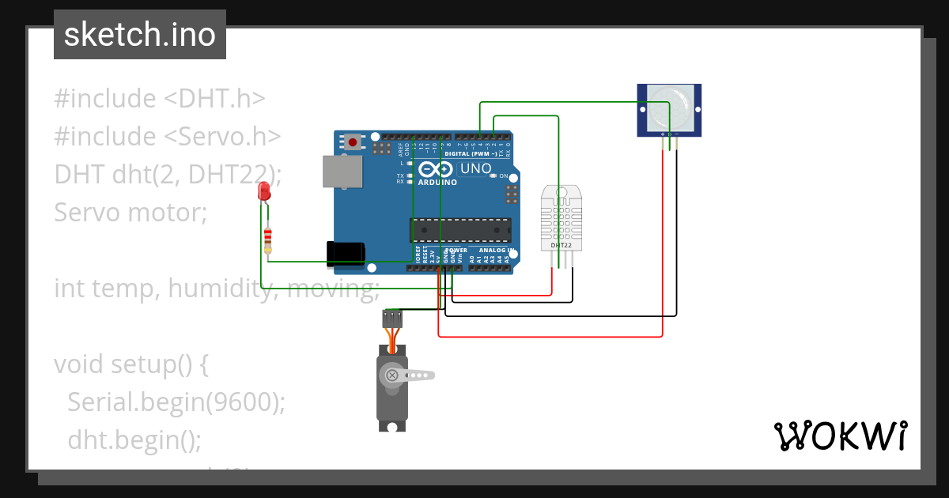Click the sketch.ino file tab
tap(140, 35)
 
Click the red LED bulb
tap(264, 191)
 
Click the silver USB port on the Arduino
tap(342, 172)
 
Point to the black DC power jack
tap(346, 253)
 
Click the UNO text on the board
tap(476, 168)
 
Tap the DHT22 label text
tap(561, 246)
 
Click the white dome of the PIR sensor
tap(669, 109)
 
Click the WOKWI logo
tap(840, 436)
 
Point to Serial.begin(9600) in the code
tap(176, 402)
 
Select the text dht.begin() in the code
tap(134, 439)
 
